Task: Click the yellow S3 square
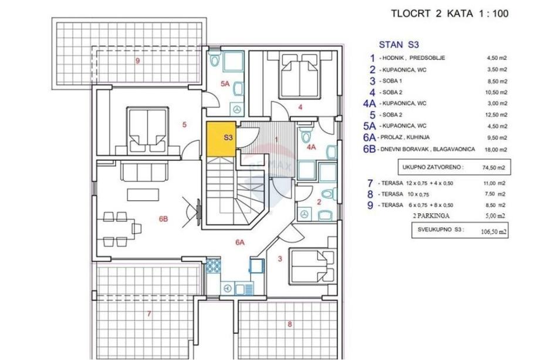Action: tap(221, 139)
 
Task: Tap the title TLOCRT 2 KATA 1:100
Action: tap(450, 14)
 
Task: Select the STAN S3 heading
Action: tap(399, 45)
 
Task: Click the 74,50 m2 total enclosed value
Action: tap(494, 168)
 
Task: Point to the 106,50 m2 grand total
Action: tap(494, 231)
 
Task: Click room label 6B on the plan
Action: tap(163, 218)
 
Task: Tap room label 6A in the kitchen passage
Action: tap(239, 243)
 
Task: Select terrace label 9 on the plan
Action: tap(138, 61)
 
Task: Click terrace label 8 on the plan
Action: tap(289, 324)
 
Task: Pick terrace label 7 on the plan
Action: tap(148, 314)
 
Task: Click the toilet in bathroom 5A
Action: tap(215, 59)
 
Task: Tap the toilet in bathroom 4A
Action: tap(305, 134)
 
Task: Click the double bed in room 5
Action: tap(148, 130)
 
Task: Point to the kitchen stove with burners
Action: tap(213, 265)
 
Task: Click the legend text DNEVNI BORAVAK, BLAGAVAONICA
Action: tap(427, 149)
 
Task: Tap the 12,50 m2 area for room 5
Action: tap(497, 115)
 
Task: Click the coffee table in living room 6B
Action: tap(143, 194)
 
